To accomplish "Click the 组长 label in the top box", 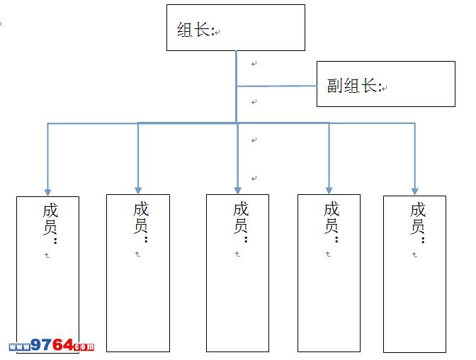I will [x=195, y=30].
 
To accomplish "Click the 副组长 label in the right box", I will [x=353, y=86].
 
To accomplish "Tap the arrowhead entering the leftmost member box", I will [x=48, y=191].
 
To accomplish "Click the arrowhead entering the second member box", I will [x=138, y=191].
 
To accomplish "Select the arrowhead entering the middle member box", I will [x=238, y=190].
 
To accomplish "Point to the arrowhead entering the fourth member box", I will [x=329, y=190].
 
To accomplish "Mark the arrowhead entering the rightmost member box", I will [x=415, y=190].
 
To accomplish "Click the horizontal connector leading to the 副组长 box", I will [x=276, y=86].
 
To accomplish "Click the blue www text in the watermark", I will [x=19, y=347].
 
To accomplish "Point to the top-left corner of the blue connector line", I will [x=48, y=124].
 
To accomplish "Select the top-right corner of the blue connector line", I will [x=415, y=124].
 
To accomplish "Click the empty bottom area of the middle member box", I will [x=237, y=312].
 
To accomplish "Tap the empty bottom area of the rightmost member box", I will [x=414, y=312].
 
